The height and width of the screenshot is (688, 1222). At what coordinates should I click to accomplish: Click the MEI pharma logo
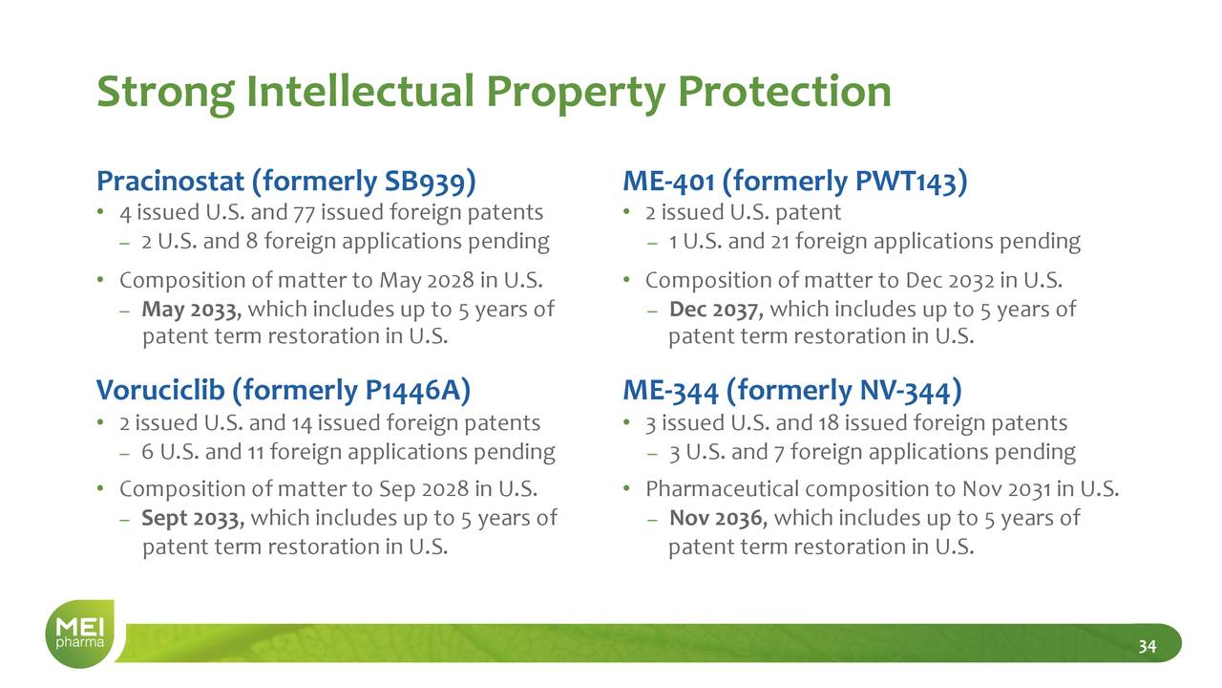tap(81, 634)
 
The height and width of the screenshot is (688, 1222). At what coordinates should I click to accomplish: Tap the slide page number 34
tap(1148, 647)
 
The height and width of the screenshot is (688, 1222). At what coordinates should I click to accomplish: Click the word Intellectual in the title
tap(361, 91)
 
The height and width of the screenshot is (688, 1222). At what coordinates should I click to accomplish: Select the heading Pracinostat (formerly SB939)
tap(286, 182)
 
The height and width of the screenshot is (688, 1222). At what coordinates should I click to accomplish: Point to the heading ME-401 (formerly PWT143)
tap(795, 182)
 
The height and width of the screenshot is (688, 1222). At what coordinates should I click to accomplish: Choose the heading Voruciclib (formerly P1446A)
tap(284, 391)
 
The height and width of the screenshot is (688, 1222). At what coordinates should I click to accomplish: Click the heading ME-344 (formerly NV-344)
tap(792, 391)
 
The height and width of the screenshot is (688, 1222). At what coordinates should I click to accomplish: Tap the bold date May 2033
tap(192, 311)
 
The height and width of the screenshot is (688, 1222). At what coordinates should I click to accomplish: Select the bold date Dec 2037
tap(716, 311)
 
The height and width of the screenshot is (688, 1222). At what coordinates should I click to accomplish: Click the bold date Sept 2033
tap(193, 519)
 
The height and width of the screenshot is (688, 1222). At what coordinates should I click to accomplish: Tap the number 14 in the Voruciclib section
tap(301, 423)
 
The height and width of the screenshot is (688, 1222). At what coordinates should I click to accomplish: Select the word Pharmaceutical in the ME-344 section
tap(723, 489)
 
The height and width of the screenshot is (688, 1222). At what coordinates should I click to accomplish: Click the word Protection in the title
tap(785, 91)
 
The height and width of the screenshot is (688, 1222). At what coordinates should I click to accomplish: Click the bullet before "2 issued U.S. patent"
tap(627, 212)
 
